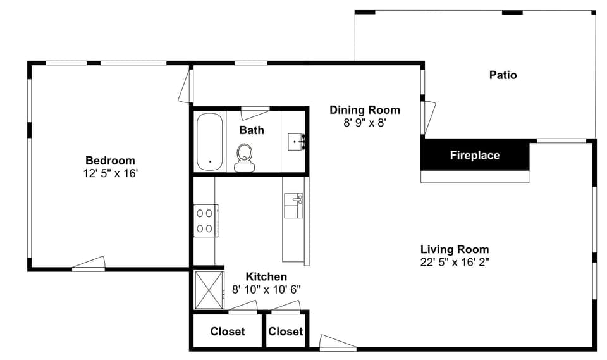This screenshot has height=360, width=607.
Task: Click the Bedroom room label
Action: [x=110, y=161]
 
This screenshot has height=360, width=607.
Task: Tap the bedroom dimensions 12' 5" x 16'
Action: [x=110, y=172]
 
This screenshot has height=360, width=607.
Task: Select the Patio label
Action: [x=503, y=75]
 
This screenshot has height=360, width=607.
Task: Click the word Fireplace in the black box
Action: [x=474, y=155]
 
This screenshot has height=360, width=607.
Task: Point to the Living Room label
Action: [x=454, y=249]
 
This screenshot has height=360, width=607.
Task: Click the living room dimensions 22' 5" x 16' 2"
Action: [x=454, y=261]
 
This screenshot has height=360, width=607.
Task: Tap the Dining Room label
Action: [x=364, y=110]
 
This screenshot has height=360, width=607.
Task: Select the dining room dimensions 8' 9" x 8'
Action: [x=364, y=122]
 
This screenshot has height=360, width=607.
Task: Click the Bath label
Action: [x=251, y=130]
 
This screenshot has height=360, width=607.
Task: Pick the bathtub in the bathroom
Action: [x=209, y=142]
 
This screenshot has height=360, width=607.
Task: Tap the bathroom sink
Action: [x=296, y=142]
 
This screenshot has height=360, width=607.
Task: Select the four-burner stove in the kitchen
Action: [x=205, y=220]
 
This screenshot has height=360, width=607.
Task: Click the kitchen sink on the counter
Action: [x=294, y=206]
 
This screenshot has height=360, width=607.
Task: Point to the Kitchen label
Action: [x=266, y=277]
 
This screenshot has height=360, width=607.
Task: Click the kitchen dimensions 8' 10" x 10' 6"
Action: [x=266, y=289]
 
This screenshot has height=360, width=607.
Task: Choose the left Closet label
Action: [x=227, y=332]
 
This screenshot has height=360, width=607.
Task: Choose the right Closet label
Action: [x=285, y=332]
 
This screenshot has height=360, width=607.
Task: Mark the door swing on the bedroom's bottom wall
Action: [x=89, y=264]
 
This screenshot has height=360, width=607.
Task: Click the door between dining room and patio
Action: [x=429, y=116]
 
